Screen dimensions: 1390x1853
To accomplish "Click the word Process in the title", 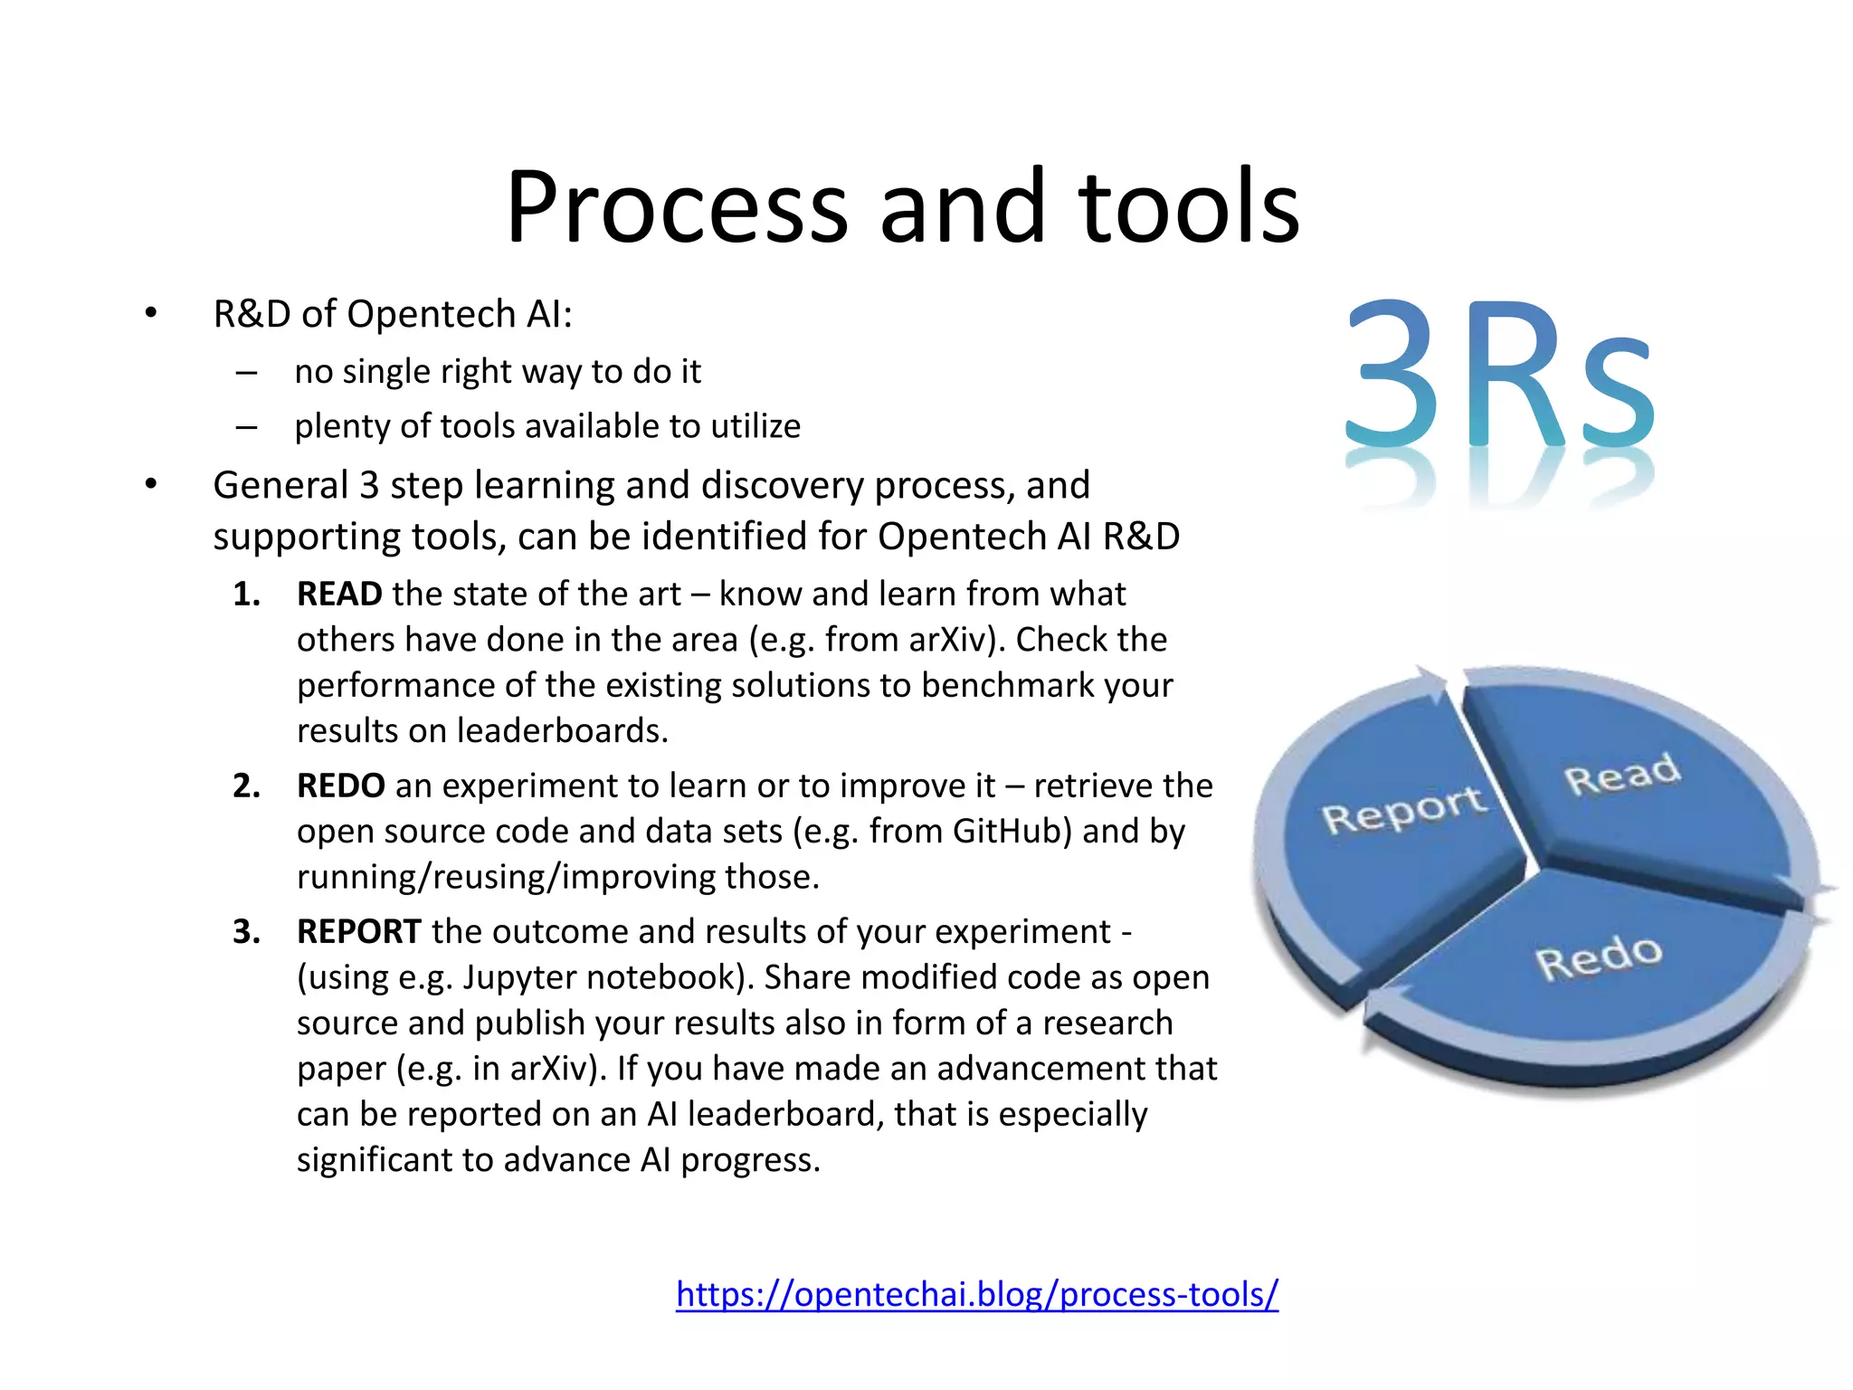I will (677, 208).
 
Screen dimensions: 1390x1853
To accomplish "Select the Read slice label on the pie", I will (1622, 775).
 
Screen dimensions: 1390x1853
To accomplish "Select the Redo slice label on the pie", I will (1599, 957).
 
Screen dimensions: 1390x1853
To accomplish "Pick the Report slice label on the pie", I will (1403, 809).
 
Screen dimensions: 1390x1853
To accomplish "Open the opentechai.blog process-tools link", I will (976, 1294).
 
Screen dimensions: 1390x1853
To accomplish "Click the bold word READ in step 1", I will (339, 595).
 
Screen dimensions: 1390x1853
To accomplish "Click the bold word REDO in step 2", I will (340, 785).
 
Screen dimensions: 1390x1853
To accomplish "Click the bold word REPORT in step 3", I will (358, 931).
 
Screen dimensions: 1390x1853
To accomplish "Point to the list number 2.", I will (246, 785).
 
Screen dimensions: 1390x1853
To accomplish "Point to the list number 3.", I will (246, 931).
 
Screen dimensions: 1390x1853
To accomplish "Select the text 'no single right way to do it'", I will (498, 372).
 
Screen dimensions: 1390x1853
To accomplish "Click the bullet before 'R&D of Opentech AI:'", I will (151, 314).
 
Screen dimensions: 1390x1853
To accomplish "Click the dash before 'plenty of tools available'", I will (246, 426).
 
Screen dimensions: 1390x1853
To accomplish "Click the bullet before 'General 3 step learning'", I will (151, 485).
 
